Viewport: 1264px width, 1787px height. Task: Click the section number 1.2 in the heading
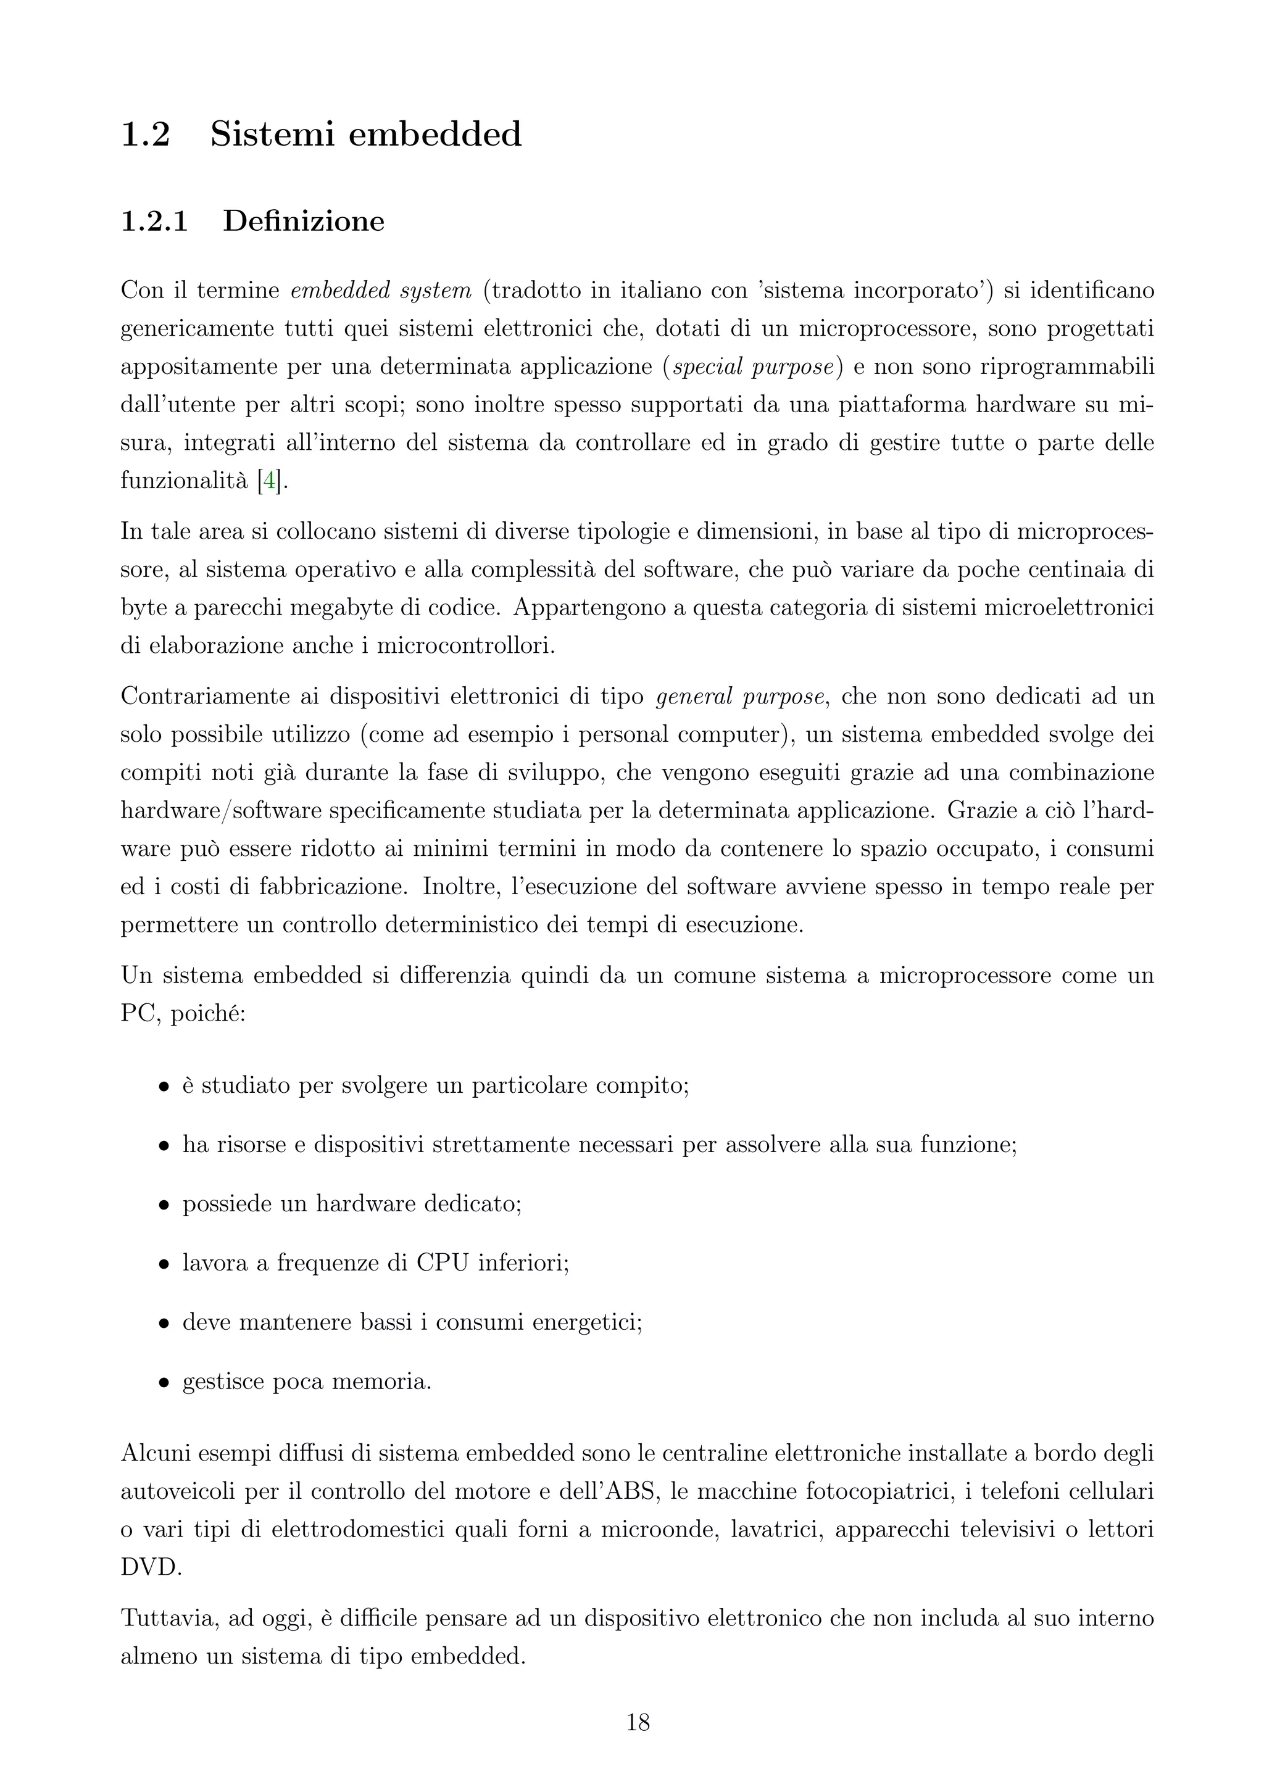click(146, 135)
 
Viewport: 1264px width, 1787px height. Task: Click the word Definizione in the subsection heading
click(304, 222)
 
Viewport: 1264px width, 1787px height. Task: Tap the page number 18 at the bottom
click(638, 1722)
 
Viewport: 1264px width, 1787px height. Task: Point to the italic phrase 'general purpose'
click(739, 696)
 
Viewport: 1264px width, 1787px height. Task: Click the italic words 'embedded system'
click(381, 291)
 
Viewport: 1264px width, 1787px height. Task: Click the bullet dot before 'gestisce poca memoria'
click(164, 1383)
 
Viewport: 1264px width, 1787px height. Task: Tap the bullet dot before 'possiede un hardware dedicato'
click(164, 1206)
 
